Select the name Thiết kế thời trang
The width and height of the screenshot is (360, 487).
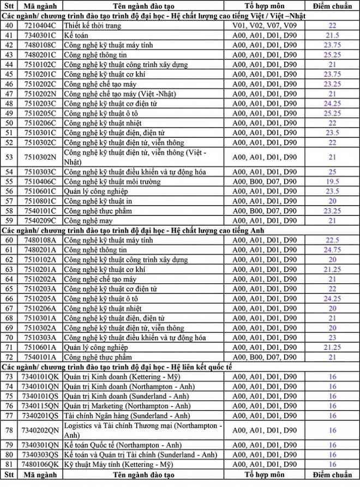point(90,25)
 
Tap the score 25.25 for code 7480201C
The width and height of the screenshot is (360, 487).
point(332,55)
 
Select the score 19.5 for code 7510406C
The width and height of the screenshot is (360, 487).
point(332,182)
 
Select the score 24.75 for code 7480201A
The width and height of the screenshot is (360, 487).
point(332,250)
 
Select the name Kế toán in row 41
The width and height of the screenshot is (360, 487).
point(76,35)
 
